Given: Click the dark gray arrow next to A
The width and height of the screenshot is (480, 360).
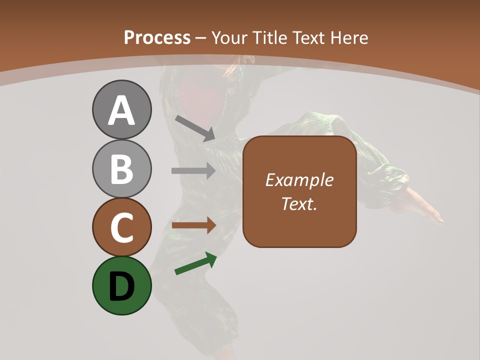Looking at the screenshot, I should point(195,128).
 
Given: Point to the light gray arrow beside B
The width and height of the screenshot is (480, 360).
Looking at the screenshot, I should point(193,171).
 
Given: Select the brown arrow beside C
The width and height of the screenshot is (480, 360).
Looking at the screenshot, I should point(193,225).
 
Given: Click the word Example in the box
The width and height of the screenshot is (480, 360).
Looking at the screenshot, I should point(299,180).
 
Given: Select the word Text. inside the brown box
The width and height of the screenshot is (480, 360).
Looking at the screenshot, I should point(299,204).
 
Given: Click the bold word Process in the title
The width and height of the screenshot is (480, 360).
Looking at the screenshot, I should point(157,37).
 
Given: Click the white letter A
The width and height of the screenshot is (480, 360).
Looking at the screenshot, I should point(121,111).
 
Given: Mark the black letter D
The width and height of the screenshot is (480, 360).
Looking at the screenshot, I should point(121,286).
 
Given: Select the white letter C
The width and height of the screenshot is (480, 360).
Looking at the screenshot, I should point(121,228).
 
